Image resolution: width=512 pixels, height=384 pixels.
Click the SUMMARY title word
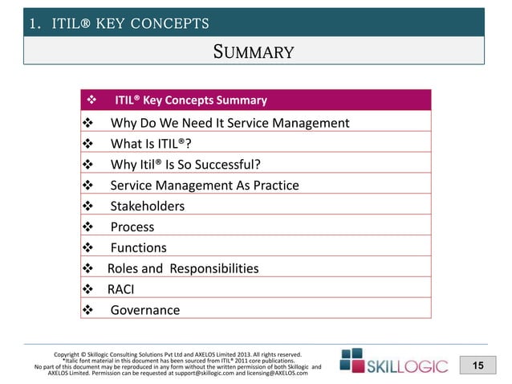point(255,53)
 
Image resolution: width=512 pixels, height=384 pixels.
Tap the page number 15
point(477,366)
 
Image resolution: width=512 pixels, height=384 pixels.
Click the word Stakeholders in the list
point(147,206)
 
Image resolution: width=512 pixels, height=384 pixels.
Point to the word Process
point(132,227)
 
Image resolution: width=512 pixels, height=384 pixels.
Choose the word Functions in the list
point(139,248)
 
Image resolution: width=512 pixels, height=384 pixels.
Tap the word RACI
point(122,289)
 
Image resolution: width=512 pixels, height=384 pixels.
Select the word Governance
point(144,310)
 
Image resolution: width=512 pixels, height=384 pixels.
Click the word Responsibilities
point(213,268)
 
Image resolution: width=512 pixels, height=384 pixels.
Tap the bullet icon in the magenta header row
point(91,100)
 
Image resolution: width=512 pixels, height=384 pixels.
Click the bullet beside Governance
point(88,310)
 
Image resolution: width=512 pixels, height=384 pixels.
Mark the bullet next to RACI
point(88,289)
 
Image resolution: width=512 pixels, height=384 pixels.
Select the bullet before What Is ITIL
point(88,144)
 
